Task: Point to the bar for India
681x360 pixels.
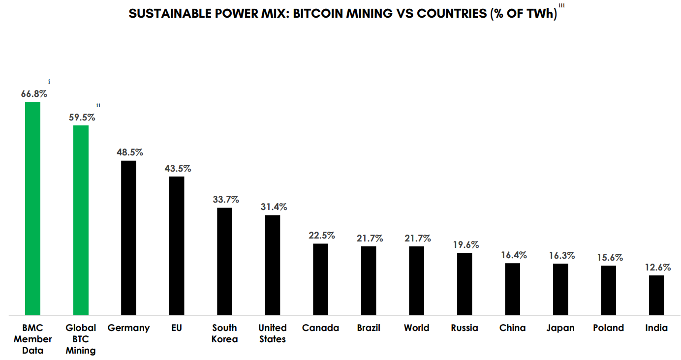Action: click(656, 295)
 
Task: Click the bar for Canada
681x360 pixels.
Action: click(321, 279)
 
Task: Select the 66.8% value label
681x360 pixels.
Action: click(34, 93)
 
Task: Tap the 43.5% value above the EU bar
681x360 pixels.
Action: click(178, 168)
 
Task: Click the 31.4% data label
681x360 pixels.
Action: click(274, 207)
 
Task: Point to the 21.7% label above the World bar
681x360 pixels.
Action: click(417, 238)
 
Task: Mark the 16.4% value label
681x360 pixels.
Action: click(513, 255)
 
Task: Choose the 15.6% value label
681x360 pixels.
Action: click(609, 257)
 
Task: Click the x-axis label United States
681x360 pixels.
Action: click(273, 333)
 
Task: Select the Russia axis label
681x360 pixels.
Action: click(464, 328)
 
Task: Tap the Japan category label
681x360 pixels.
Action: click(560, 328)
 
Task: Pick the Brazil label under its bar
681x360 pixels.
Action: click(369, 328)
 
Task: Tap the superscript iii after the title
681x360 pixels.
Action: click(561, 5)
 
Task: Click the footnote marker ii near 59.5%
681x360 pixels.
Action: click(98, 105)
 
